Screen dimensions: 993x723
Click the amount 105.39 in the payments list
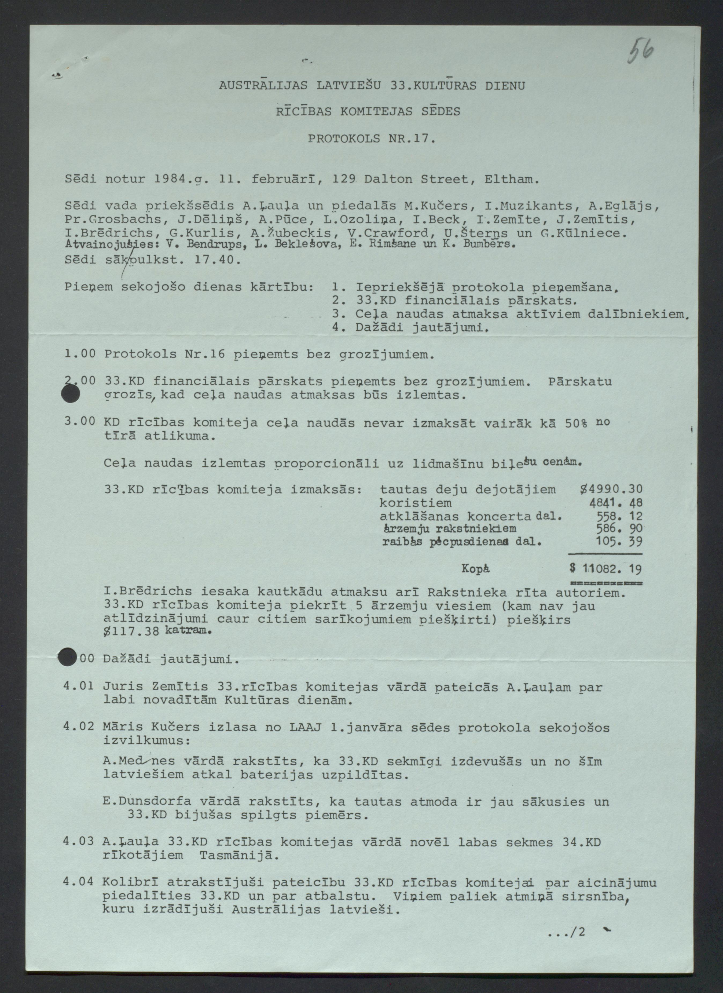tap(619, 542)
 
